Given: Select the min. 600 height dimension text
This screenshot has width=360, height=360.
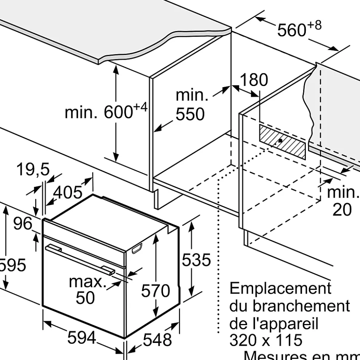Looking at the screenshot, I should point(106,112).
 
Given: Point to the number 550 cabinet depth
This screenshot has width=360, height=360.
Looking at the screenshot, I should point(190,115).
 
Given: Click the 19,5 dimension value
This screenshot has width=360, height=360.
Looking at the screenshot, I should point(33,170).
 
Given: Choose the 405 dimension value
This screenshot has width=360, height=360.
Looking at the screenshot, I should point(68,192).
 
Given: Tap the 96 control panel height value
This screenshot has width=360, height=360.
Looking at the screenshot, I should point(23,223).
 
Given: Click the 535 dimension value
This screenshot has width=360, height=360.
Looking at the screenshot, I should point(196,260).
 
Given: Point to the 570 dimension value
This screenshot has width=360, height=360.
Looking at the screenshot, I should point(156,291).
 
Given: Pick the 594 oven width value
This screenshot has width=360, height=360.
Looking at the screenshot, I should point(82,337).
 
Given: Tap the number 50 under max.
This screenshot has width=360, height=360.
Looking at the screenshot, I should point(85,298).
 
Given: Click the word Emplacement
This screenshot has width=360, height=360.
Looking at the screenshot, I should point(280,288).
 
